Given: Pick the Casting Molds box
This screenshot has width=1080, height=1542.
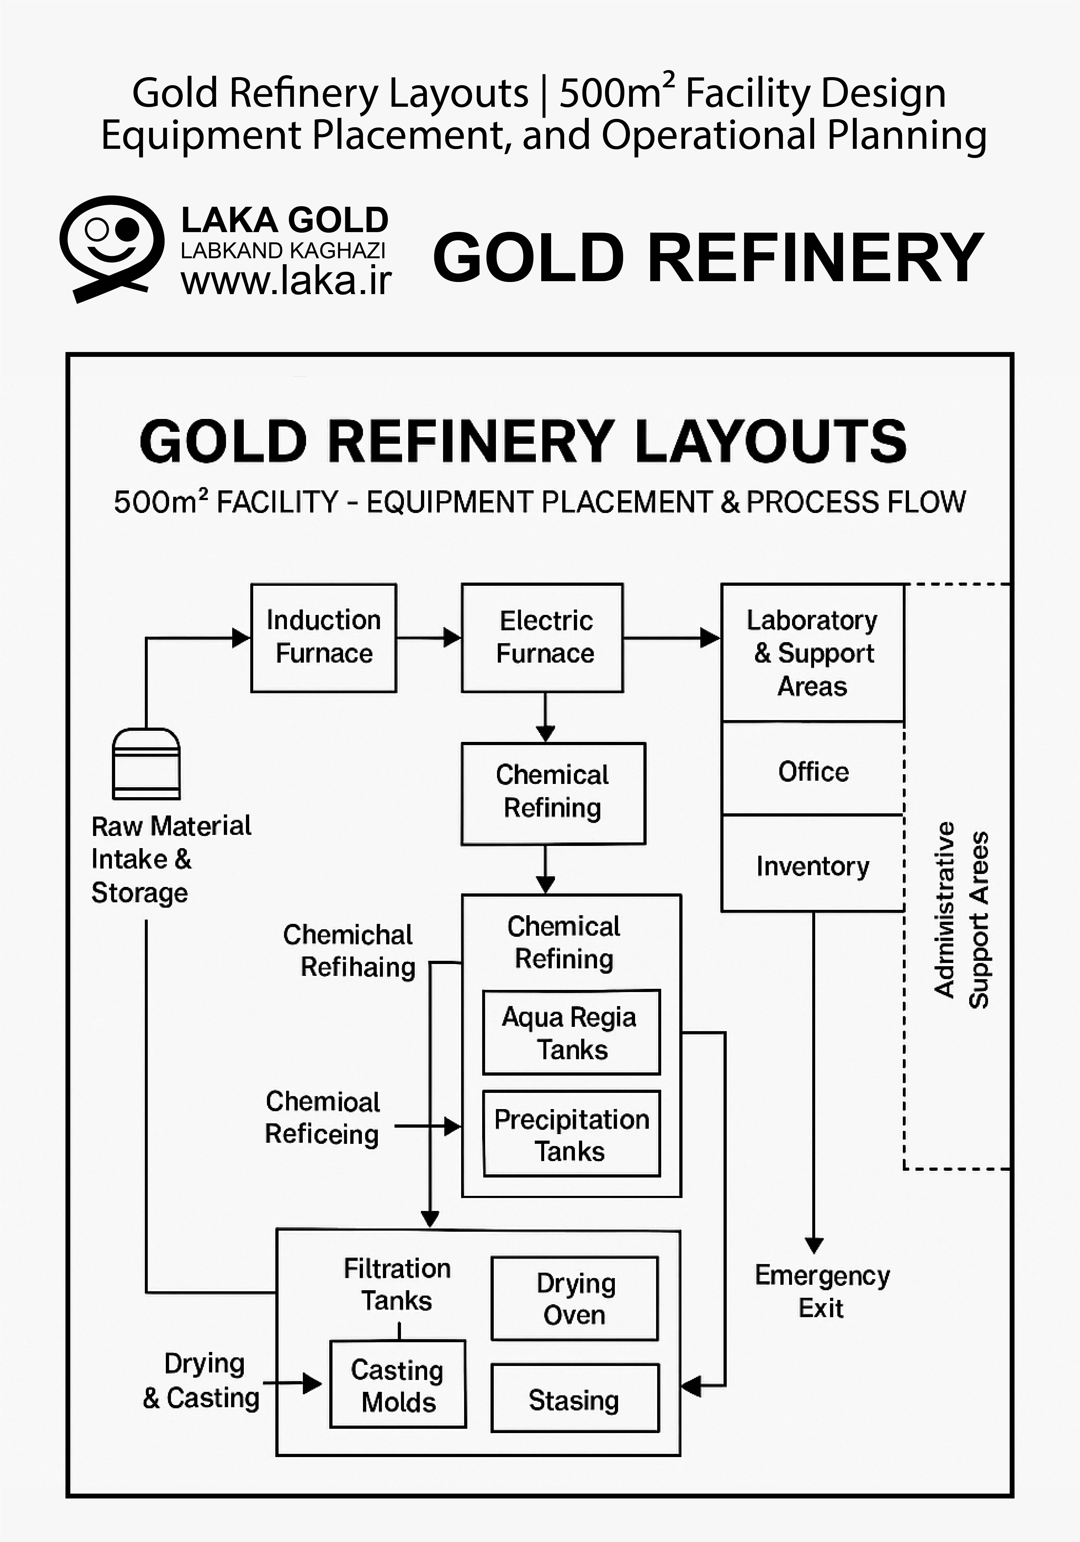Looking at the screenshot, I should (397, 1384).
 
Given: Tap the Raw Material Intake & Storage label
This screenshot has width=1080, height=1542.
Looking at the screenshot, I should (171, 859).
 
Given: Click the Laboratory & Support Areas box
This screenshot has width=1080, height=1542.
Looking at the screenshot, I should (813, 653).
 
